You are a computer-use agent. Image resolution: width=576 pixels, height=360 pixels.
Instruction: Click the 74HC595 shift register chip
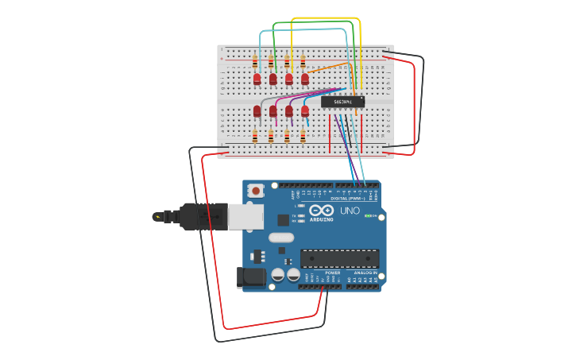[342, 101]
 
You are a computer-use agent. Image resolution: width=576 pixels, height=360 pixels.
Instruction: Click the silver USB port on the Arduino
[245, 216]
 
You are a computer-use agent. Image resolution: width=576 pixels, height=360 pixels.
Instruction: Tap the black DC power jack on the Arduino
[252, 277]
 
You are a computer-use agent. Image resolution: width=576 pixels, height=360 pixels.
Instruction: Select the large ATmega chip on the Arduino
[339, 258]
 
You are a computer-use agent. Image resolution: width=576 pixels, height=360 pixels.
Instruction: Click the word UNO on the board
[350, 211]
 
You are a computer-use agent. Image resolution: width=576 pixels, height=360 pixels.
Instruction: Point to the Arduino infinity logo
[322, 211]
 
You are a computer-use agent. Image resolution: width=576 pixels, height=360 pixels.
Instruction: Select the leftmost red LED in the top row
[257, 79]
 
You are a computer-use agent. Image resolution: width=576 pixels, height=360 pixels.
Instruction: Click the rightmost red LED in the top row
[304, 79]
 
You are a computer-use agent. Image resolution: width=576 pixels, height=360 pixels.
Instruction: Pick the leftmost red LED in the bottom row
[257, 111]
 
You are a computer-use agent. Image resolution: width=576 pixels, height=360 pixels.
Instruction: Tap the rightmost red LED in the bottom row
[304, 111]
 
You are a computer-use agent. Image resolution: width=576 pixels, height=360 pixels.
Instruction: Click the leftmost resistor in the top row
[254, 60]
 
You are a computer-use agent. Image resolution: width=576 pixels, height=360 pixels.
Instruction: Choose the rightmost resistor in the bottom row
[303, 137]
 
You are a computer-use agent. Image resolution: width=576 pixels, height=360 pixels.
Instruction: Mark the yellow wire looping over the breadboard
[326, 18]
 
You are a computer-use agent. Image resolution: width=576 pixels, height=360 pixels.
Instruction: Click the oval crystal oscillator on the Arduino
[281, 237]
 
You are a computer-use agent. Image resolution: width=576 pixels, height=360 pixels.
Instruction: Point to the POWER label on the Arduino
[332, 273]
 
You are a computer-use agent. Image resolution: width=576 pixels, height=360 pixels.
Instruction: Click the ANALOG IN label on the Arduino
[365, 273]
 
